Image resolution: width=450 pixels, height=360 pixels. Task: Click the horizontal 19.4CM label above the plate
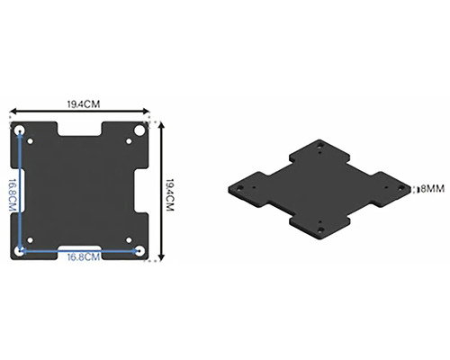(x=84, y=104)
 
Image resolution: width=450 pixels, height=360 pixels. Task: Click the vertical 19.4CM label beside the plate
(x=170, y=195)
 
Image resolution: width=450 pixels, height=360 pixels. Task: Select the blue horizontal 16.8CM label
(x=84, y=257)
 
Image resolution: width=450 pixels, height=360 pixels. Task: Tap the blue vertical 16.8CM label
(x=13, y=195)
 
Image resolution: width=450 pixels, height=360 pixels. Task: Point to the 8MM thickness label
(x=432, y=189)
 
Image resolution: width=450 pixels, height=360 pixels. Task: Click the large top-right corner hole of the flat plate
(x=139, y=130)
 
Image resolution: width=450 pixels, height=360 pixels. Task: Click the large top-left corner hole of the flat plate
(x=20, y=130)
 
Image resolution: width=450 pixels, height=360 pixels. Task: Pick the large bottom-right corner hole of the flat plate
(x=139, y=251)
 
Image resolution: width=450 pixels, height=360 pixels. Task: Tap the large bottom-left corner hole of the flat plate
(x=20, y=251)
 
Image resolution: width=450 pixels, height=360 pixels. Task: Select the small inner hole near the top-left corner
(x=31, y=141)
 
